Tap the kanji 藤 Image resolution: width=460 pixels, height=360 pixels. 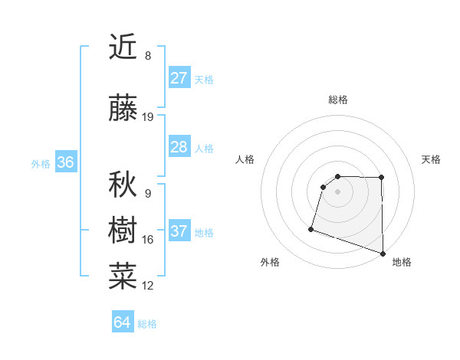coord(123,109)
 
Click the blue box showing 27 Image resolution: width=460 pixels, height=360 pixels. coord(179,78)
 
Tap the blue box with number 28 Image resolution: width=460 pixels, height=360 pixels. coord(179,147)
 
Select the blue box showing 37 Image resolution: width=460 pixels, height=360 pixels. coord(179,232)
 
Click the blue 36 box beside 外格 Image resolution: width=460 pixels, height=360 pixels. coord(65,162)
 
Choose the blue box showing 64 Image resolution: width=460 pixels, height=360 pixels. coord(122,322)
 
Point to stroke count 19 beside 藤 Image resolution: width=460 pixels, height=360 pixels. coord(148,117)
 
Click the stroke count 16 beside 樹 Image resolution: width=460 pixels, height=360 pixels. coord(148,240)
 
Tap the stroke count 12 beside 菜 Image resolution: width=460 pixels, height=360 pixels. coord(148,286)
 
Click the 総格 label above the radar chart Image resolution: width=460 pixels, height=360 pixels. coord(337,100)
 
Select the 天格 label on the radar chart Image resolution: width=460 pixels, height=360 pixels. coord(431,159)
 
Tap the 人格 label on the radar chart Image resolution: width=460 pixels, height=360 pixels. coord(245,159)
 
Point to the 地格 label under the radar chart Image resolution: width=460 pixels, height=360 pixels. coord(402,262)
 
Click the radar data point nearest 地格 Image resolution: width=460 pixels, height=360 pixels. coord(383,253)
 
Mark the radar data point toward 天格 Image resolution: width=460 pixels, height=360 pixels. coord(381,178)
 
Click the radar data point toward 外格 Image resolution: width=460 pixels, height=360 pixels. coord(311,228)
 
